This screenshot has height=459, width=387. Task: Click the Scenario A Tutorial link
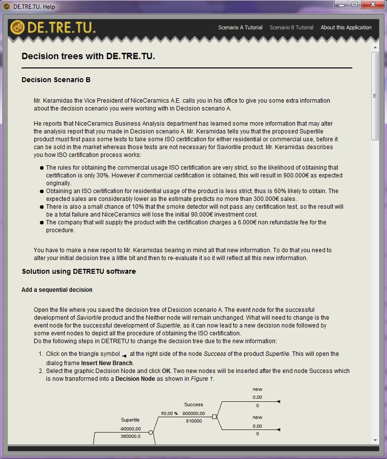click(x=240, y=27)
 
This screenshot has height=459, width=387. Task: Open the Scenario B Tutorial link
click(x=292, y=27)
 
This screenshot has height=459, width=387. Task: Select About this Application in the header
click(x=346, y=27)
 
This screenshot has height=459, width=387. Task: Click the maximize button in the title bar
click(x=354, y=5)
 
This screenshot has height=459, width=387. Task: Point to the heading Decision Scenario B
click(x=56, y=80)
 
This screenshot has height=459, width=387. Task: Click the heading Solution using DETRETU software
click(x=79, y=271)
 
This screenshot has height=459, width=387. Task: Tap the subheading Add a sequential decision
click(x=57, y=290)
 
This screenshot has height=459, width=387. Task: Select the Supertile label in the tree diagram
click(x=130, y=420)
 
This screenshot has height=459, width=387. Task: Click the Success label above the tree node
click(x=193, y=405)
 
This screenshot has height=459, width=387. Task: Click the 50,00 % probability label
click(x=169, y=414)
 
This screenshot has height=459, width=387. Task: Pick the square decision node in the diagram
click(x=214, y=416)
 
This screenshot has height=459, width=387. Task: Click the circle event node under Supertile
click(x=151, y=433)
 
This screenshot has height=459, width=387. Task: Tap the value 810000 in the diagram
click(x=194, y=421)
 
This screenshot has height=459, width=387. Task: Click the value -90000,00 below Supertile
click(x=131, y=428)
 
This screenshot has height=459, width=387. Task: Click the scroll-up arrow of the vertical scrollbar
click(x=375, y=47)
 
